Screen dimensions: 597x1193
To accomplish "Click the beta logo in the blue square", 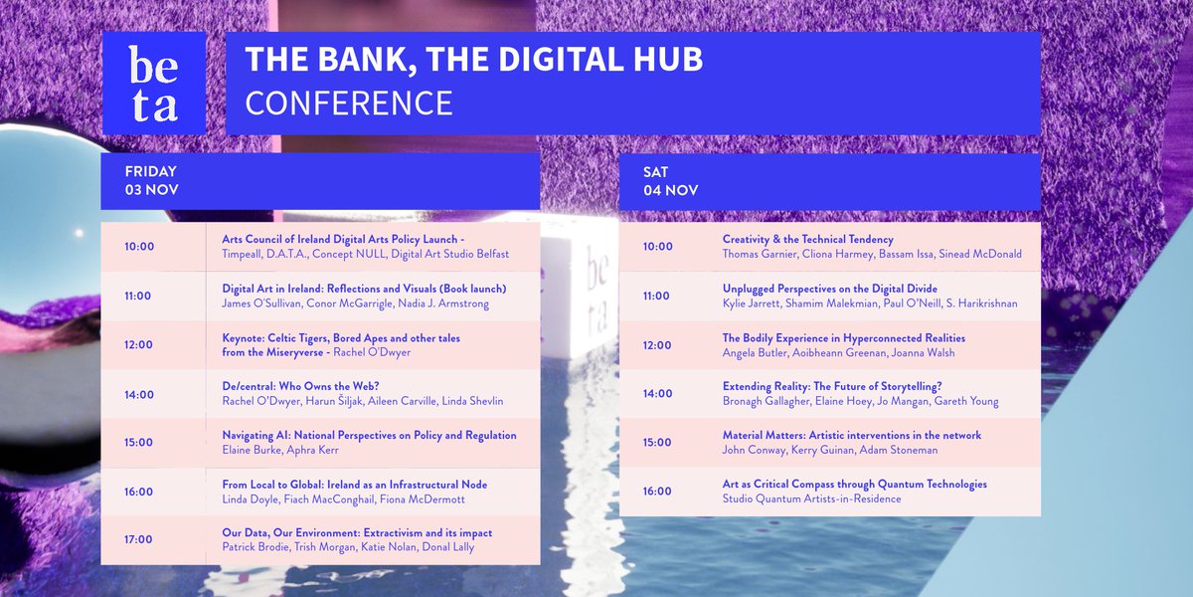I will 153,84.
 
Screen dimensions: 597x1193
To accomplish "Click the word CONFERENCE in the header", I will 349,102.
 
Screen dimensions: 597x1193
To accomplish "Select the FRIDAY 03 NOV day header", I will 151,180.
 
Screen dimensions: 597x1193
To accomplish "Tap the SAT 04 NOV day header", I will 671,180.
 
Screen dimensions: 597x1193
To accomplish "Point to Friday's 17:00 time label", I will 139,539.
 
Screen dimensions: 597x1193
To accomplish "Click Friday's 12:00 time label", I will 139,344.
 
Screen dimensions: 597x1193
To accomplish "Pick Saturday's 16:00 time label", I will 657,491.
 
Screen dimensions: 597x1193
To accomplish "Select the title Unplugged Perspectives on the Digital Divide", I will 829,289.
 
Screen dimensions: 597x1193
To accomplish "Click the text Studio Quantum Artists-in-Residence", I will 811,498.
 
